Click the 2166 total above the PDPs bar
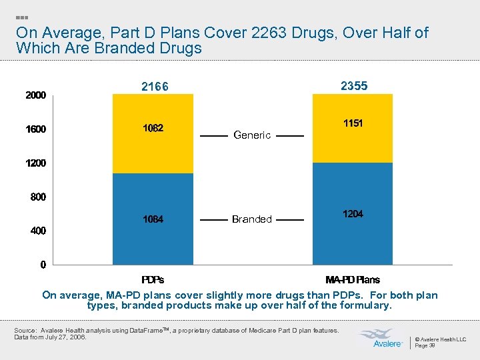click(155, 87)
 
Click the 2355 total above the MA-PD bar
click(354, 86)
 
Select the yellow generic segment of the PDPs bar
click(153, 133)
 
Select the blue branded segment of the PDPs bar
click(153, 219)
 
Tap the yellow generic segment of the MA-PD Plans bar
click(353, 128)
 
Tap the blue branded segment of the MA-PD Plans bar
click(353, 213)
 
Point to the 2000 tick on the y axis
click(35, 95)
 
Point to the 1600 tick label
click(35, 129)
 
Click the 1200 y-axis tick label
click(35, 163)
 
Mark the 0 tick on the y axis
click(43, 265)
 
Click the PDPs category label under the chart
click(153, 279)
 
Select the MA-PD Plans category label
click(353, 279)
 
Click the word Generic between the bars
click(252, 135)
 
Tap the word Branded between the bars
click(252, 219)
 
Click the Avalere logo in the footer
click(381, 338)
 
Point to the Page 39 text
click(425, 345)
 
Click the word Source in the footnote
click(25, 331)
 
